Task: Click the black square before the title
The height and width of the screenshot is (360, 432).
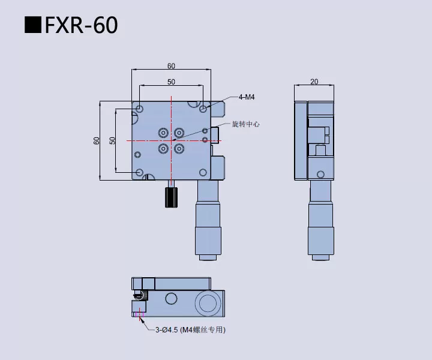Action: tap(32, 26)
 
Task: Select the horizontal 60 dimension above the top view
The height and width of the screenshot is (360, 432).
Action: tap(171, 66)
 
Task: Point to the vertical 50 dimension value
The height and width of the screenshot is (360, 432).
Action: tap(112, 140)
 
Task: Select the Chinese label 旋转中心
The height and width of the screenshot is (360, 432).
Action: tap(245, 124)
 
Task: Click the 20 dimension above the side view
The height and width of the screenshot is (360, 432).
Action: tap(314, 82)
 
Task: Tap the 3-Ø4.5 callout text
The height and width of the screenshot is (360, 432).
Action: tap(190, 329)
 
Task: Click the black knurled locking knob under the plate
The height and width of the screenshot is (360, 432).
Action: tap(172, 197)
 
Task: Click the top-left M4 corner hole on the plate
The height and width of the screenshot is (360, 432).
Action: tap(140, 109)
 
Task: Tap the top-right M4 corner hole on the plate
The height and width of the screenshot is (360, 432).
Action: tap(203, 109)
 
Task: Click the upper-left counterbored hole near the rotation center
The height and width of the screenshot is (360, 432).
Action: tap(163, 133)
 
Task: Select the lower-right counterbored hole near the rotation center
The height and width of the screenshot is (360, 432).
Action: tap(179, 148)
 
